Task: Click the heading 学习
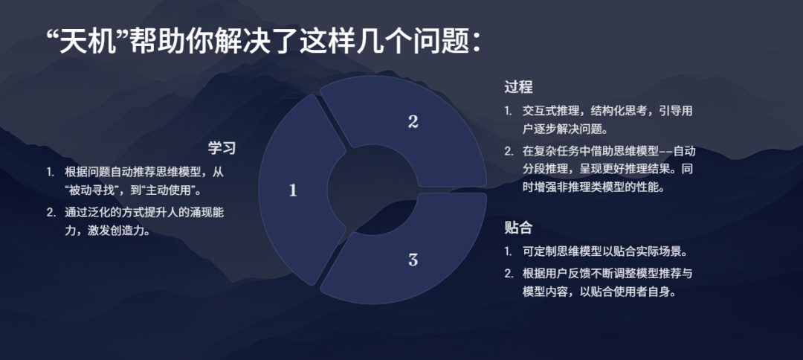[x=222, y=147]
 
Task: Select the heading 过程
[x=518, y=87]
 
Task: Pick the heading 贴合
[x=518, y=227]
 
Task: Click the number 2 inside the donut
[x=413, y=122]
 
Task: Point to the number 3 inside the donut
[x=413, y=260]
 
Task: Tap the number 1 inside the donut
[x=293, y=190]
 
